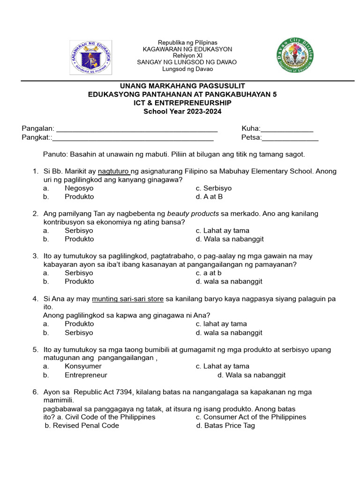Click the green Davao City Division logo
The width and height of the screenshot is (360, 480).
coord(295,56)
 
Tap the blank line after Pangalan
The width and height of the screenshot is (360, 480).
coord(136,129)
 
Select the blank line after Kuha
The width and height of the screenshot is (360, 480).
coord(287,129)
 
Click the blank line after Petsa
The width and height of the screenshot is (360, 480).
coord(290,138)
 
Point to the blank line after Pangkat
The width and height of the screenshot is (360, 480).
coord(134,138)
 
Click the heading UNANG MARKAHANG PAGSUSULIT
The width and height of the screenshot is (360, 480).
coord(182,86)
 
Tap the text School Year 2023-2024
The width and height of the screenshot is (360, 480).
coord(182,112)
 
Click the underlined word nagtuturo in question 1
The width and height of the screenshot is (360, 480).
coord(114,172)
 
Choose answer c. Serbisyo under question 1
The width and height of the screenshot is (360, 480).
coord(214,188)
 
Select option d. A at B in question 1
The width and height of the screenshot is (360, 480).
coord(209,197)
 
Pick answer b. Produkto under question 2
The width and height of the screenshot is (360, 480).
coord(79,239)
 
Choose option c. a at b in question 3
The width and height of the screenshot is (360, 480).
coord(209,273)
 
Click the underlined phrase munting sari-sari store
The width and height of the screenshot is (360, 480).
coord(128,299)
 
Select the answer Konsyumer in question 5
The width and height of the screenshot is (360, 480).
coord(83,367)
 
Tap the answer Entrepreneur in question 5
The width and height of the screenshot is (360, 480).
coord(86,375)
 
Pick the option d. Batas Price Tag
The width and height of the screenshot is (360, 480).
coord(225,426)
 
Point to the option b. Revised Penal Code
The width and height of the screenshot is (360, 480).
coord(82,426)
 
